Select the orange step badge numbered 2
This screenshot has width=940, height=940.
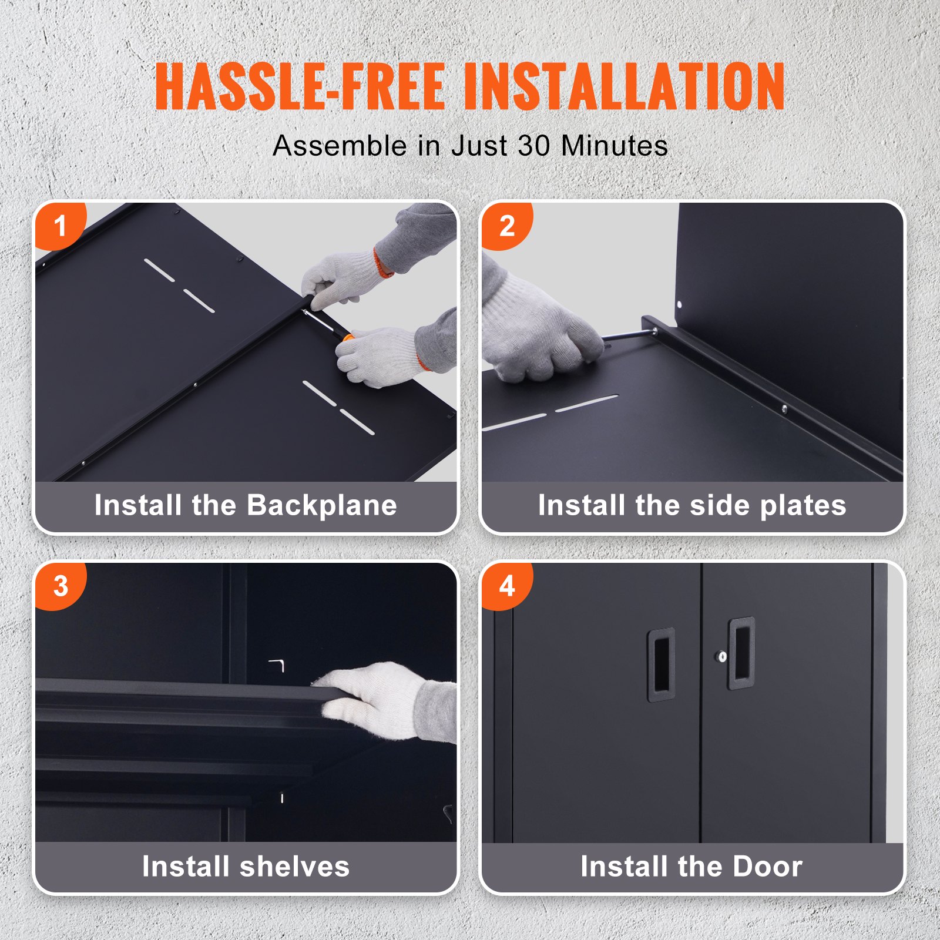(x=506, y=226)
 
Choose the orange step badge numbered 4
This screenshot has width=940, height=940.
(x=506, y=586)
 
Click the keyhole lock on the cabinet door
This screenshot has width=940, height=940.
(x=723, y=656)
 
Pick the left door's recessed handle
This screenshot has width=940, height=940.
(x=661, y=664)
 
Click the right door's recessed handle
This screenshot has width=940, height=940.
(x=741, y=653)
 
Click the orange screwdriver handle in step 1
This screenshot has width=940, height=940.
(x=347, y=338)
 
